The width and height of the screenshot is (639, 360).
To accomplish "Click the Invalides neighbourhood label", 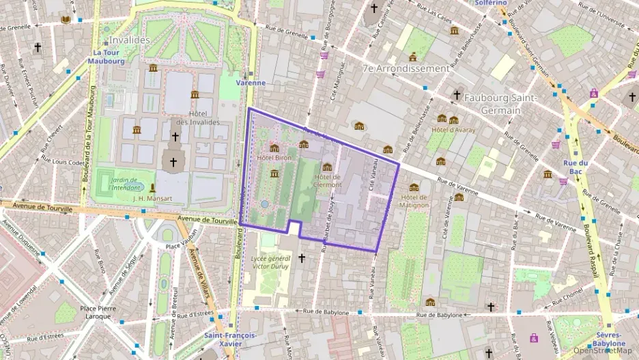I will [x=128, y=40].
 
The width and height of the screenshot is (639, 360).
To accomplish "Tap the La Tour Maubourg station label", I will [x=106, y=57].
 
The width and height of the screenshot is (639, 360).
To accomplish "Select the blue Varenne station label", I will [x=250, y=83].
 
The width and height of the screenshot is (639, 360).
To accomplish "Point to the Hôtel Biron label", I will [x=274, y=158].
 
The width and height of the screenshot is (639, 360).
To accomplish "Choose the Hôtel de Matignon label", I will [x=414, y=200].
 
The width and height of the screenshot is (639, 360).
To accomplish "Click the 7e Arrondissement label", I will [x=406, y=69].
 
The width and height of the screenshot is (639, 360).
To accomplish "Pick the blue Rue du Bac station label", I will [x=575, y=167].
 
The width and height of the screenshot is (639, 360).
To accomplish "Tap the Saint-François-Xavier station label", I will [x=230, y=340].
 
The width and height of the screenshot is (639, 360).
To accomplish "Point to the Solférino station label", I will [x=492, y=3].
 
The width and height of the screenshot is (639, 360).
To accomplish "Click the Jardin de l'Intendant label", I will [x=125, y=183].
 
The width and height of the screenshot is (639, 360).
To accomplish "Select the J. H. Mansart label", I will [x=153, y=198].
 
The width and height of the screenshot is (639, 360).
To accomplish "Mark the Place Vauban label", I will [x=182, y=246].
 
